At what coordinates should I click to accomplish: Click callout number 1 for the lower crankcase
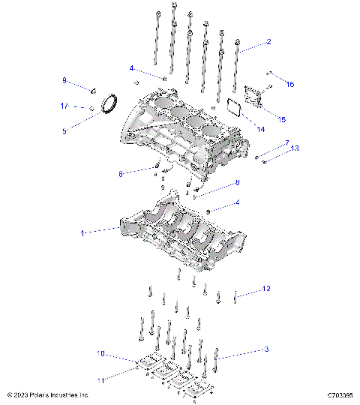(82, 233)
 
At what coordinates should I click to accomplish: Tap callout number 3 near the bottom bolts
(265, 349)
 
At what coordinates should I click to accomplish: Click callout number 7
(286, 142)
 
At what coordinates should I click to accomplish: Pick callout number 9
(64, 80)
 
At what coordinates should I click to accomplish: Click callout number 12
(265, 288)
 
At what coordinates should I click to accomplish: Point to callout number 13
(295, 148)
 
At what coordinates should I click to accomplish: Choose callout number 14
(262, 129)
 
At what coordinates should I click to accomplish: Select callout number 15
(281, 118)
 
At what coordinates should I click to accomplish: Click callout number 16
(291, 84)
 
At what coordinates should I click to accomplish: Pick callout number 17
(64, 106)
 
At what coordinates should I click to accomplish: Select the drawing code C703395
(340, 394)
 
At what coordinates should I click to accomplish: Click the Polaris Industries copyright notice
(48, 394)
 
